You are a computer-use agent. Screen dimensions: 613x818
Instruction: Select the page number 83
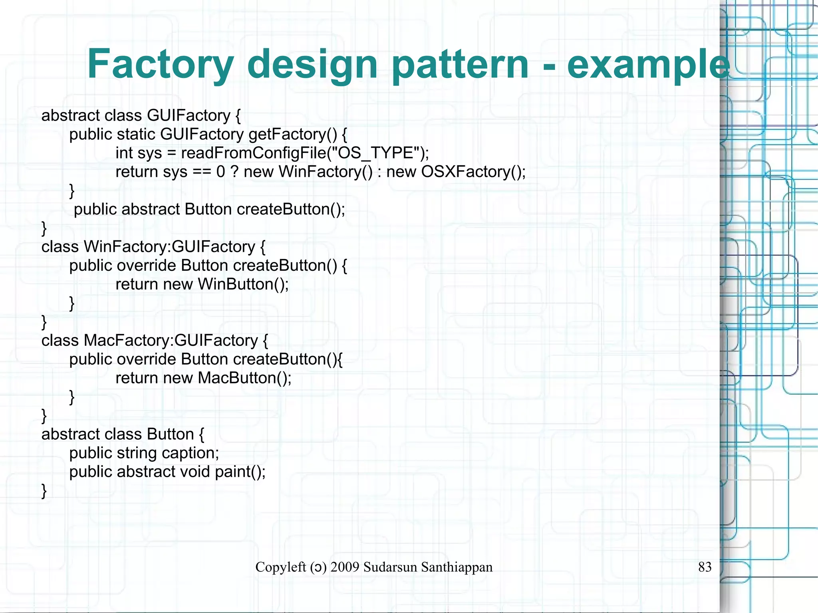(705, 567)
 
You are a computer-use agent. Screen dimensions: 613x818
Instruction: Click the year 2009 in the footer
(345, 567)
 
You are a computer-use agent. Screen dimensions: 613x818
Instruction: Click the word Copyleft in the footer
(280, 567)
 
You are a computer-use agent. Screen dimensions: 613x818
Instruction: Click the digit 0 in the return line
(220, 172)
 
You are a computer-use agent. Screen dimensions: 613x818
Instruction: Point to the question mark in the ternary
(234, 172)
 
